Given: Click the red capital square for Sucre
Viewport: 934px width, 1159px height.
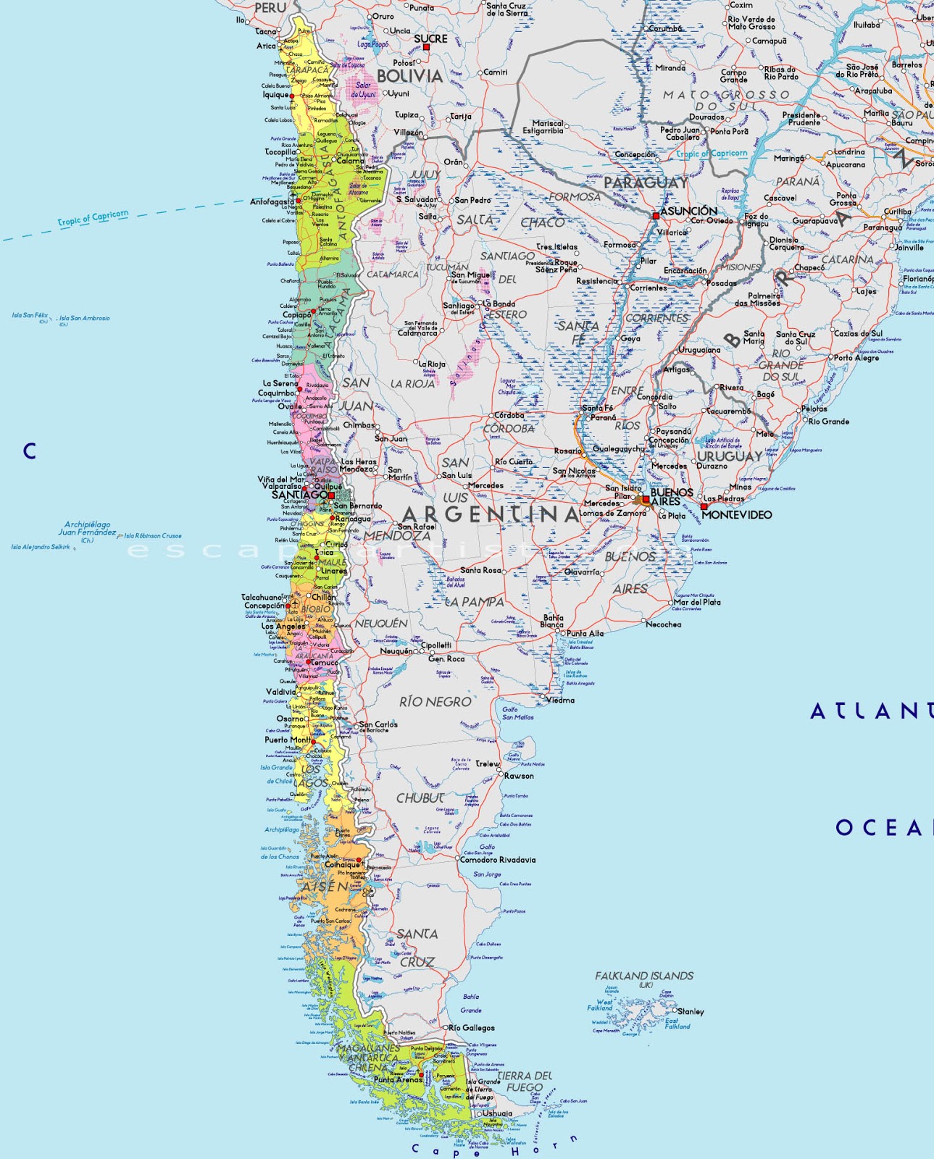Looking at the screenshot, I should (426, 47).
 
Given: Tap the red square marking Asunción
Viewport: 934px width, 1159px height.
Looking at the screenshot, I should (656, 216).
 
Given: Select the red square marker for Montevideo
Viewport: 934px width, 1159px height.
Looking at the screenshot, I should (703, 507).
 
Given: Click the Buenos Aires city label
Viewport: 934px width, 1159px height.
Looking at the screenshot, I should (672, 497).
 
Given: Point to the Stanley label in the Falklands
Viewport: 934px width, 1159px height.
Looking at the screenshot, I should (691, 1011).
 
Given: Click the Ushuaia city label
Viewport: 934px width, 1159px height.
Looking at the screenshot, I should (497, 1113).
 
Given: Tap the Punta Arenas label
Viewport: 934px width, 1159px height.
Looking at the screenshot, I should (398, 1079).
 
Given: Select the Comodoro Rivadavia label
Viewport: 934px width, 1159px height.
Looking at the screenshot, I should (498, 860).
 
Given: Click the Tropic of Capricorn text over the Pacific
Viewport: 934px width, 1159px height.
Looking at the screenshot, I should (93, 218).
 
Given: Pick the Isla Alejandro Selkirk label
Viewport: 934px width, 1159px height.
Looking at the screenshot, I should (41, 547).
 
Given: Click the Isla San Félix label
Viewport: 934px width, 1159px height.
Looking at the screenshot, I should (30, 316).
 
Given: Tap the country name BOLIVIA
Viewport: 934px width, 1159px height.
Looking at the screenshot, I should (409, 76).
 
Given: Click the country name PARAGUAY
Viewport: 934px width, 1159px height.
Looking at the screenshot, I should (646, 183).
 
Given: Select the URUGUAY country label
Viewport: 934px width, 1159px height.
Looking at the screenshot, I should (730, 456).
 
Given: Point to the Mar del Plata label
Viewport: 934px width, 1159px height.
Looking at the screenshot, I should (697, 602).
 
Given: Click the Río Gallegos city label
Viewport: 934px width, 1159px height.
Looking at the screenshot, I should (472, 1028).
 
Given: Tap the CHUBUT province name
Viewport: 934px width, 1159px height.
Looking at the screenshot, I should (420, 798).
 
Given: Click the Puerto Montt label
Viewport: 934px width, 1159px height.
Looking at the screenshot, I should (288, 740).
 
